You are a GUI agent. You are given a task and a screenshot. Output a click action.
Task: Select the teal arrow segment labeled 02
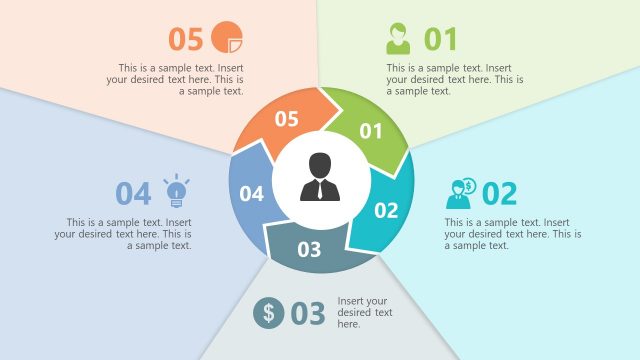[x=386, y=210]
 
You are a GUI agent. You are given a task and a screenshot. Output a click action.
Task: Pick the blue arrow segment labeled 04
[x=251, y=193]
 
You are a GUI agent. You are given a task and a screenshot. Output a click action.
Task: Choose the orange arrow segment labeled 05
[x=286, y=119]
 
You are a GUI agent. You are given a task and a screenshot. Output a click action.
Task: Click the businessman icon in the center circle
[x=319, y=177]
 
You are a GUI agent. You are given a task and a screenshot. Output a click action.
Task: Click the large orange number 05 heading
[x=186, y=39]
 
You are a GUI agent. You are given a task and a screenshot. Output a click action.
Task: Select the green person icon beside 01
[x=398, y=39]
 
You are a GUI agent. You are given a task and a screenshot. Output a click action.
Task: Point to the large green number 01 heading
[x=440, y=39]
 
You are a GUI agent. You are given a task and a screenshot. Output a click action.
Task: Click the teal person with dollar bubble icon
[x=463, y=192]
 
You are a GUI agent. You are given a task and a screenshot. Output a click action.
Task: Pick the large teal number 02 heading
[x=500, y=193]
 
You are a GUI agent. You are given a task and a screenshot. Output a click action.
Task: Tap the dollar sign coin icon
[x=268, y=313]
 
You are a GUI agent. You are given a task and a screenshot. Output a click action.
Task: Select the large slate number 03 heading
[x=308, y=314]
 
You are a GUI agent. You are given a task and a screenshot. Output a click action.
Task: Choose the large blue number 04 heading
[x=133, y=193]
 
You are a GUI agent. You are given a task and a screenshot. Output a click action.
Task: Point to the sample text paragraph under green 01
[x=456, y=79]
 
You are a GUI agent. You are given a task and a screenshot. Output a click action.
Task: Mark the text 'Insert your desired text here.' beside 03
[x=363, y=312]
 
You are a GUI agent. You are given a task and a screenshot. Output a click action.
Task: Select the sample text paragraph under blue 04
[x=123, y=233]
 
